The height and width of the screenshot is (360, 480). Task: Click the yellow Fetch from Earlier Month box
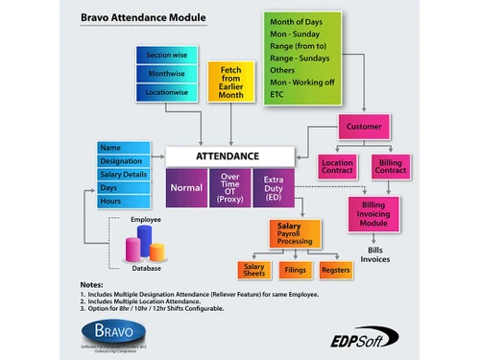pyautogui.click(x=230, y=84)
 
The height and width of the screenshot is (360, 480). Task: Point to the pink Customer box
pyautogui.click(x=362, y=127)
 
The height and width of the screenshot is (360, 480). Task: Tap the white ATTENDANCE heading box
pyautogui.click(x=227, y=154)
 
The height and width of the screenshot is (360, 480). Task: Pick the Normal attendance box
pyautogui.click(x=186, y=187)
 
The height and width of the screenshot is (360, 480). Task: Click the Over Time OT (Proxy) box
pyautogui.click(x=229, y=187)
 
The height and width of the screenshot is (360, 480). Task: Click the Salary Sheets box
pyautogui.click(x=254, y=271)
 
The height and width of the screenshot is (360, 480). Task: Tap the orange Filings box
pyautogui.click(x=296, y=271)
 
